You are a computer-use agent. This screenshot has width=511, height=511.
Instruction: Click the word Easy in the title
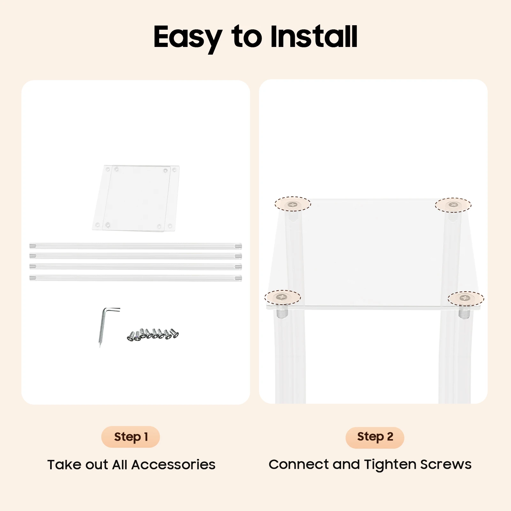coord(188,38)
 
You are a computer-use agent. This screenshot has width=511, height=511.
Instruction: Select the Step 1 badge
coord(131,437)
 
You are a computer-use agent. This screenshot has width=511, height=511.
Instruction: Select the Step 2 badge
coord(375,437)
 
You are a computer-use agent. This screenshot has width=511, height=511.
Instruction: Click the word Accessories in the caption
coord(173,465)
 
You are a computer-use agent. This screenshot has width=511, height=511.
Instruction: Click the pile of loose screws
coord(153,335)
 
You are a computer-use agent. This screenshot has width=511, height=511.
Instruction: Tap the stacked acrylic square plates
coord(136,198)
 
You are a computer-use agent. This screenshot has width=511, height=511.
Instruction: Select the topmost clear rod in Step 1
coord(135,246)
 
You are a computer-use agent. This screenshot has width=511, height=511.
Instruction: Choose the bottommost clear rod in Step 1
coord(135,278)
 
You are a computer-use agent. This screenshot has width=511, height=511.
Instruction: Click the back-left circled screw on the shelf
coord(292,205)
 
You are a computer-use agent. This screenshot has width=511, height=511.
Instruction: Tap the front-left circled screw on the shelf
coord(282,297)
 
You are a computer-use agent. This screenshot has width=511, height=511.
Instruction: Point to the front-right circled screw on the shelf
coord(465,298)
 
